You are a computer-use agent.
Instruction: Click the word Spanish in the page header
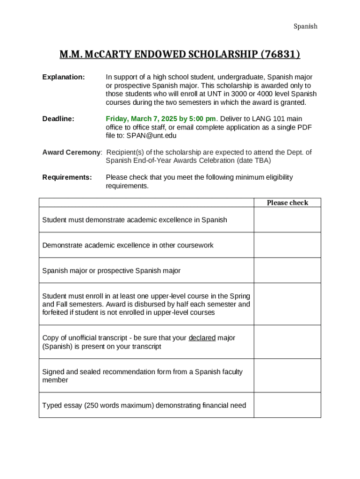[x=305, y=26]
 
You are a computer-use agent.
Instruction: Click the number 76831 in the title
[x=279, y=55]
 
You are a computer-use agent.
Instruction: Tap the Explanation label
[x=64, y=77]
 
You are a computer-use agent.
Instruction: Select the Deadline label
[x=58, y=119]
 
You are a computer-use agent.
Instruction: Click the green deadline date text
[x=161, y=119]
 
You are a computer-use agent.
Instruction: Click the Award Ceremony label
[x=72, y=152]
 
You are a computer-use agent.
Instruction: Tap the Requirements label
[x=67, y=177]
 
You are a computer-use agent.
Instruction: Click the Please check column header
[x=287, y=203]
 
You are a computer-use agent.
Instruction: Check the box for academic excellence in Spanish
[x=287, y=220]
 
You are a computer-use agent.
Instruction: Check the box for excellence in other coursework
[x=287, y=245]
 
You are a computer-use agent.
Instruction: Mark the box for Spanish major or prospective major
[x=287, y=270]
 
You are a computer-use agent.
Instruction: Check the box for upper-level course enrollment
[x=287, y=304]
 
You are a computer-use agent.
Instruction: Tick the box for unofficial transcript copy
[x=287, y=342]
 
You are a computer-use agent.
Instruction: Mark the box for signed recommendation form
[x=287, y=376]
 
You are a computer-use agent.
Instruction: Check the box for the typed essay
[x=287, y=405]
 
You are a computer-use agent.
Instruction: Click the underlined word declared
[x=202, y=338]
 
